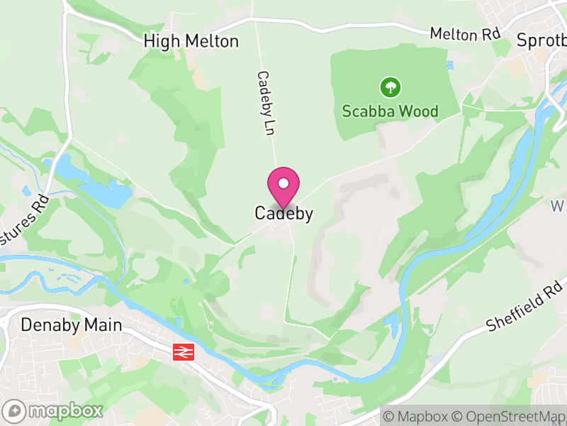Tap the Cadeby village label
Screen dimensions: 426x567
coord(283,214)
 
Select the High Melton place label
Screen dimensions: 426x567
coord(191,41)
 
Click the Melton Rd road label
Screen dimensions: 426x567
coord(466,34)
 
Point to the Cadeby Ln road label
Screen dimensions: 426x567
coord(265,103)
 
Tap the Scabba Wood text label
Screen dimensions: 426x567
coord(390,111)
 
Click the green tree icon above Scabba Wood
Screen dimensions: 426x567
coord(390,88)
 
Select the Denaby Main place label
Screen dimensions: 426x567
coord(71,325)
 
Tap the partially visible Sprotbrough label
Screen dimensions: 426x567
coord(541,40)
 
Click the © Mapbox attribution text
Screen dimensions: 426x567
coord(415,415)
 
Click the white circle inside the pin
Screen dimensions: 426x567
coord(283,183)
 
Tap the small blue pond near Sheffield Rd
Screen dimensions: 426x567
coord(392,325)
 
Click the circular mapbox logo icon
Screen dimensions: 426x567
coord(14,410)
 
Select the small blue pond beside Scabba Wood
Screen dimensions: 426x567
coord(449,66)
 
